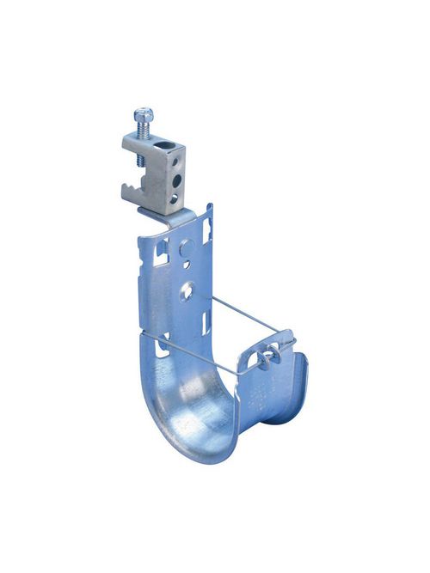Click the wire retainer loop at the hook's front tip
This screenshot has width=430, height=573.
(277, 351)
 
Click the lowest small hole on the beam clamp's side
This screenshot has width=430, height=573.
(176, 198)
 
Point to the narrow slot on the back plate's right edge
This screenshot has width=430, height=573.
(206, 323)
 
